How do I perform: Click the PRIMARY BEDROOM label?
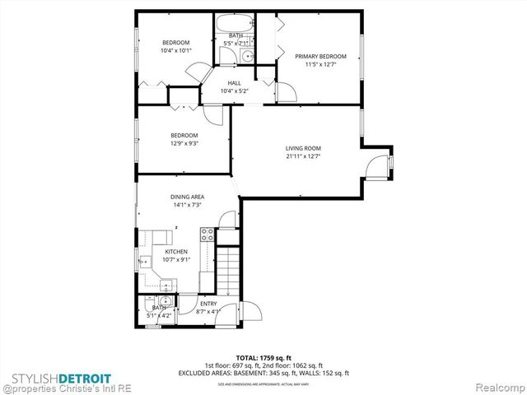coord(320,56)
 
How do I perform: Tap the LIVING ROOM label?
coord(302,148)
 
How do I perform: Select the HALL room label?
coord(235,82)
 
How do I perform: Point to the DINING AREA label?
coord(187,197)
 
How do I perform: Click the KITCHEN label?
coord(176,252)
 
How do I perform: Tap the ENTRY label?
coord(208,304)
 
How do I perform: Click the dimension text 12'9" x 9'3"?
coord(184,143)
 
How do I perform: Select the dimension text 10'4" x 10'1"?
coord(175,50)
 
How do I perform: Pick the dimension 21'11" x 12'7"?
coord(302,156)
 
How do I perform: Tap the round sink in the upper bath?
coord(246,55)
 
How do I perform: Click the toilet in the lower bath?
coord(146,301)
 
